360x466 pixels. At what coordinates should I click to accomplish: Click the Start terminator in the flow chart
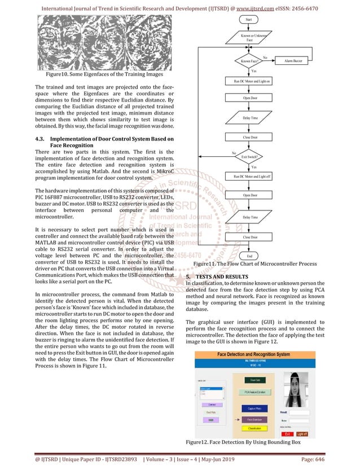(x=249, y=19)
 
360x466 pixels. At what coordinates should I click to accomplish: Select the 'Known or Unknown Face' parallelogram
(x=249, y=38)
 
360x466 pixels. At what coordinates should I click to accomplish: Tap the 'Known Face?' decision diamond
(x=249, y=60)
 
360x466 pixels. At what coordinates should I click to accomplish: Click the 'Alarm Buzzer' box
(x=296, y=60)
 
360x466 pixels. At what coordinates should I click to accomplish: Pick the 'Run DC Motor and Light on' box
(x=249, y=81)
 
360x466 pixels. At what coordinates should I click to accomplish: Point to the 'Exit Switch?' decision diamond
(x=249, y=156)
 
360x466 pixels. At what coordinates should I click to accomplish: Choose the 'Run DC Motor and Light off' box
(x=249, y=177)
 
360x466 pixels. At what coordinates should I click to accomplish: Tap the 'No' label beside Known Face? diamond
(x=265, y=56)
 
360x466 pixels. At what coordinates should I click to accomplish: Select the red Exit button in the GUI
(x=288, y=434)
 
